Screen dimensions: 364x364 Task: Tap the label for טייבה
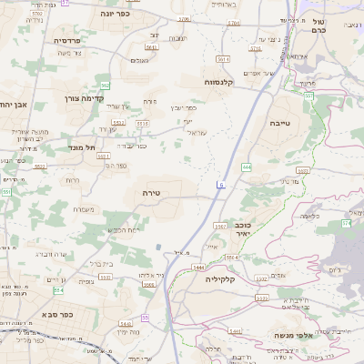(x=279, y=121)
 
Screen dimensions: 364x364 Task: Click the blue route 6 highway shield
(x=219, y=185)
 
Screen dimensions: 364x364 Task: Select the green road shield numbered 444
(x=247, y=167)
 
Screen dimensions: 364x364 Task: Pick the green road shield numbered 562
(x=106, y=85)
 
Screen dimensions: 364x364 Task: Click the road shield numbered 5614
(x=223, y=58)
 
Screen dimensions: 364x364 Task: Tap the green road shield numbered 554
(x=58, y=290)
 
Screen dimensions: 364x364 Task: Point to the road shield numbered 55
(x=146, y=318)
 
